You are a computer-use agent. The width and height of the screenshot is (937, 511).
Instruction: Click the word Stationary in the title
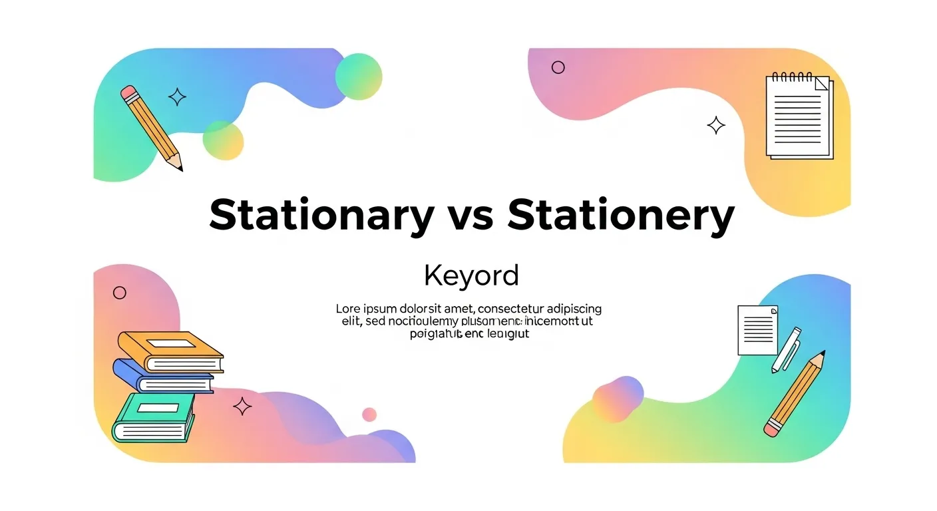click(321, 215)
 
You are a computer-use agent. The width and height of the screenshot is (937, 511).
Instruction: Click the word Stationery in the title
click(620, 215)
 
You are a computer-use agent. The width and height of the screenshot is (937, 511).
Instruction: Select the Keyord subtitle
click(470, 275)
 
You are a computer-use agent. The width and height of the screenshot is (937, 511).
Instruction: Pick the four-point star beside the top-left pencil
click(177, 98)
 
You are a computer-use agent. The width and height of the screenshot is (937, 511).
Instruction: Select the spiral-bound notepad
click(798, 116)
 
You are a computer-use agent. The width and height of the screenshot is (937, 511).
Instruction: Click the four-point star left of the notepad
click(716, 125)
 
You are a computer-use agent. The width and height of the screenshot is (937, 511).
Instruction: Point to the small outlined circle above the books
click(120, 292)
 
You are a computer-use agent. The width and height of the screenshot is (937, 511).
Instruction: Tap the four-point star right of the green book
click(242, 406)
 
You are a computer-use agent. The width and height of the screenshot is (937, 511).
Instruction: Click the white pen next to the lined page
click(785, 349)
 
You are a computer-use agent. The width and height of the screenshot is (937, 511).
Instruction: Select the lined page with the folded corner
click(757, 330)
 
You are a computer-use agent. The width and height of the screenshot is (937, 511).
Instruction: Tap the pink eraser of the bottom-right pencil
click(771, 428)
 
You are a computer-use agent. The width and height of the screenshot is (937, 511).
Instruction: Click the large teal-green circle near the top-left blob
click(359, 77)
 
